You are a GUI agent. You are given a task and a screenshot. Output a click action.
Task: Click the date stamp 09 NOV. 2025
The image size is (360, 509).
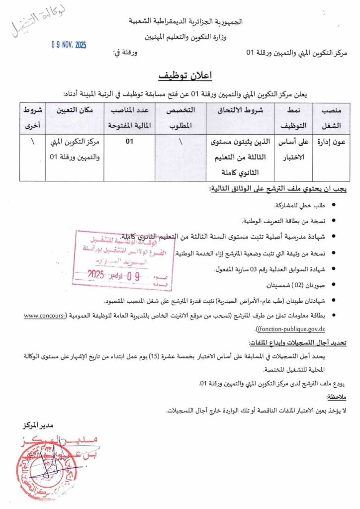(x=69, y=45)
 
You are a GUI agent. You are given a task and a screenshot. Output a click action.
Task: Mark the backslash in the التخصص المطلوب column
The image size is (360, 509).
(x=180, y=142)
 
